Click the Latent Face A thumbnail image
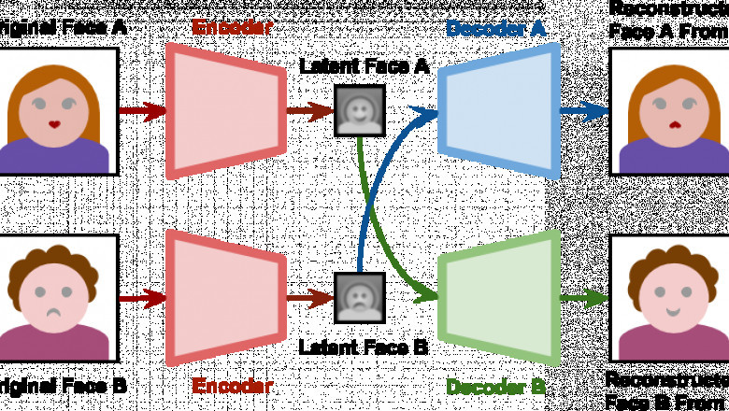pos(360,111)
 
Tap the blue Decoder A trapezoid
pos(501,111)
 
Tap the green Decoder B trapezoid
pos(501,298)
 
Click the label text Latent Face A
pos(364,67)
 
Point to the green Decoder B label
pos(495,386)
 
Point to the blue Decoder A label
pos(495,28)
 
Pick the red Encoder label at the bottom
pos(233,386)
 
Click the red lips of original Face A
pos(55,123)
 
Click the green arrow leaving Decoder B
pos(585,299)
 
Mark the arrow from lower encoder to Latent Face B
pos(309,299)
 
